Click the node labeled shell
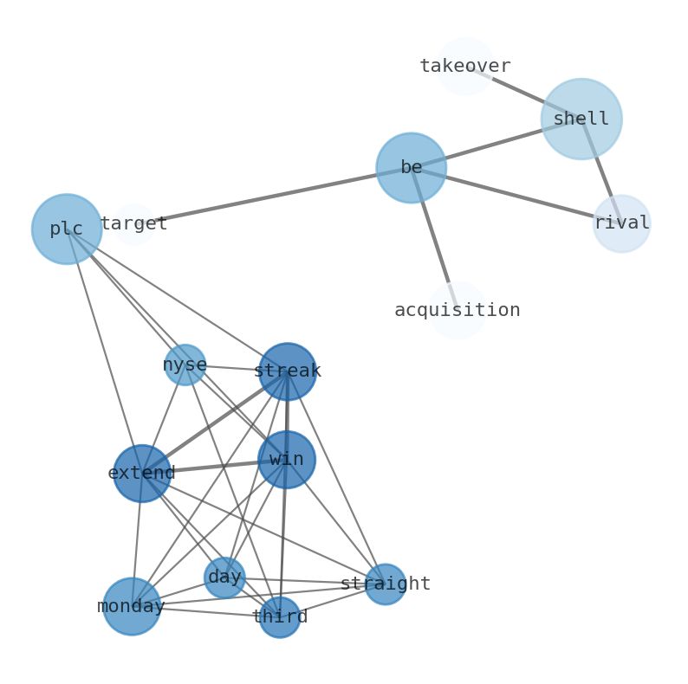[x=581, y=119]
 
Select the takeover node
[x=465, y=66]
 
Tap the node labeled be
[x=411, y=168]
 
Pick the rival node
[x=621, y=223]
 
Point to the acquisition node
[x=457, y=310]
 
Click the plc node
[x=67, y=229]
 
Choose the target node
[x=134, y=224]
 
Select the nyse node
[x=185, y=365]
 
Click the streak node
[x=287, y=371]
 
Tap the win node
[x=286, y=460]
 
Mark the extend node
[x=142, y=473]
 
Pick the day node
[x=224, y=577]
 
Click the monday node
[x=132, y=606]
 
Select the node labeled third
[x=279, y=616]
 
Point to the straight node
[x=385, y=584]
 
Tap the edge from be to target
[x=277, y=195]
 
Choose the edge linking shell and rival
[x=601, y=171]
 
